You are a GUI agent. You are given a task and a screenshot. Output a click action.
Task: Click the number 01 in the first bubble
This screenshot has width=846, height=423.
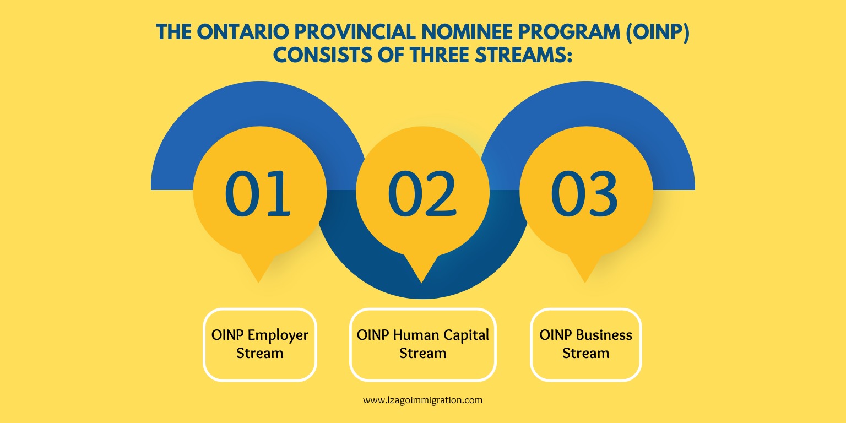pyautogui.click(x=258, y=193)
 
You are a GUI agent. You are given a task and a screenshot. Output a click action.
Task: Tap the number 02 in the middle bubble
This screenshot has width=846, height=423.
pyautogui.click(x=422, y=193)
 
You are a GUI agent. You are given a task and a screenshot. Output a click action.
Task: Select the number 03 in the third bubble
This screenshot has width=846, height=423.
pyautogui.click(x=584, y=193)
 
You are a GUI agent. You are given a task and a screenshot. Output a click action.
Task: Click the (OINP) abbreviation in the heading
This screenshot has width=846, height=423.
pyautogui.click(x=658, y=32)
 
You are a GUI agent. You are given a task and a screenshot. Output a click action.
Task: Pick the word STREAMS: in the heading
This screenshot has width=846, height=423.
pyautogui.click(x=523, y=55)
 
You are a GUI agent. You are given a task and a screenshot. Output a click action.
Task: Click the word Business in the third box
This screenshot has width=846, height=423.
pyautogui.click(x=604, y=335)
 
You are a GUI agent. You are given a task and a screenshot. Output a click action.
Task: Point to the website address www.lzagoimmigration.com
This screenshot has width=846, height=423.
pyautogui.click(x=422, y=400)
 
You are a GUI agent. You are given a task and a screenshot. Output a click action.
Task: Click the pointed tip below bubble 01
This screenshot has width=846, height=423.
pyautogui.click(x=258, y=282)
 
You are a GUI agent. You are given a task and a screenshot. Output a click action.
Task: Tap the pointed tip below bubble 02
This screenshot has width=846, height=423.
pyautogui.click(x=421, y=282)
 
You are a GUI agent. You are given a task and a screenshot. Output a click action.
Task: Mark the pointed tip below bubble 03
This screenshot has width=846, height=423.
pyautogui.click(x=584, y=282)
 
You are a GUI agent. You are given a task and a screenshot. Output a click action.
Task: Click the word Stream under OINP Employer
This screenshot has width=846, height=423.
pyautogui.click(x=260, y=353)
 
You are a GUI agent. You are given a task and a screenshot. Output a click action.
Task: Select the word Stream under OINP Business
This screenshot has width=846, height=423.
pyautogui.click(x=586, y=353)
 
